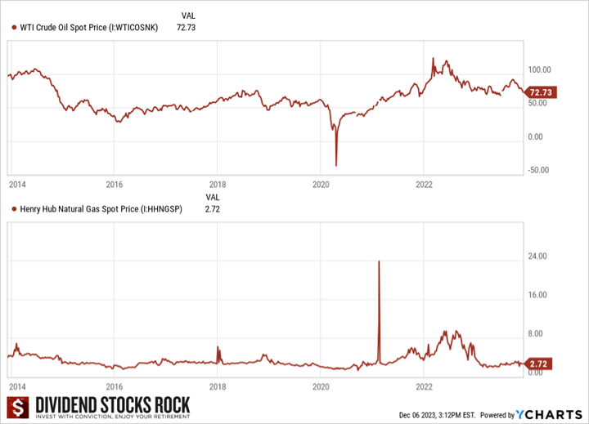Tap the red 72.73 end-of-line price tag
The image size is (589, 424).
(x=542, y=92)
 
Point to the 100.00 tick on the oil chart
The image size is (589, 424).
(x=541, y=69)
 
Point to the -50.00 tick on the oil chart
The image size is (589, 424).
(x=541, y=171)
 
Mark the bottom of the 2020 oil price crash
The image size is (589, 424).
(x=336, y=165)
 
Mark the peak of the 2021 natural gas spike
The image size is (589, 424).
(x=379, y=261)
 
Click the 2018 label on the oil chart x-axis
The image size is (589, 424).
(x=218, y=185)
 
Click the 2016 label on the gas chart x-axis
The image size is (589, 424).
(x=115, y=386)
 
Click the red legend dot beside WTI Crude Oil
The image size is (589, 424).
(x=14, y=28)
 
